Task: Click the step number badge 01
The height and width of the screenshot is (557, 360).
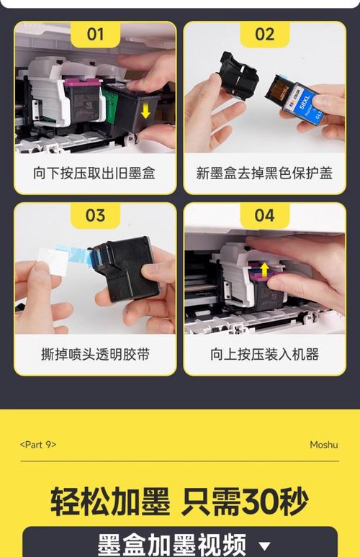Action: [96, 34]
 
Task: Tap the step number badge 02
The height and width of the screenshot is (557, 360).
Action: [264, 34]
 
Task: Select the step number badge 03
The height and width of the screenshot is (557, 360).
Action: [96, 215]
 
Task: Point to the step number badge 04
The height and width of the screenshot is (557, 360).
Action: [264, 215]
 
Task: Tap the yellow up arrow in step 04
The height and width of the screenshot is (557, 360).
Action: [264, 271]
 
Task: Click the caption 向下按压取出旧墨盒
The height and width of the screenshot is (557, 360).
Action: [94, 173]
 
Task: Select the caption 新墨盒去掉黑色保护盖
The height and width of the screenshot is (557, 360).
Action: [264, 173]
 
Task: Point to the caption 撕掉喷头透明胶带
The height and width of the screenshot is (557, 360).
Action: [94, 355]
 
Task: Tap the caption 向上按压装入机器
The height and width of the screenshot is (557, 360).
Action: [264, 355]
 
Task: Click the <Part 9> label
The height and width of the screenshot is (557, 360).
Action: [38, 445]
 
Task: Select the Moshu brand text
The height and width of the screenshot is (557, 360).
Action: [323, 445]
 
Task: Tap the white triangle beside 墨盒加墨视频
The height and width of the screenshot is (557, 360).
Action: [264, 545]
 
